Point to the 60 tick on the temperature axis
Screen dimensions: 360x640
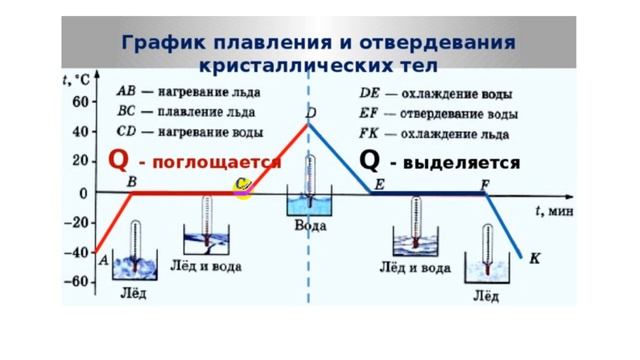(79, 101)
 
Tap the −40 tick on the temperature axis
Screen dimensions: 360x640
(76, 252)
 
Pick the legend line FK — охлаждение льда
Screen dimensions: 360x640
(432, 132)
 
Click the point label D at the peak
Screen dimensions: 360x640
(312, 114)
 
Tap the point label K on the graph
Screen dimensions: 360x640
(534, 258)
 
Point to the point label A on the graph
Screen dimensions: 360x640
(104, 259)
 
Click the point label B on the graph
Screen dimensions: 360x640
(132, 181)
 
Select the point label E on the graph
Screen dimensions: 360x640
(380, 184)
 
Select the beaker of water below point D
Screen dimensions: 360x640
(310, 203)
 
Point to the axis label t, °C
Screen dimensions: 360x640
(78, 80)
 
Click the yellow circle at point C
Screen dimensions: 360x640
(243, 187)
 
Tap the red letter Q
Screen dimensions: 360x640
(118, 160)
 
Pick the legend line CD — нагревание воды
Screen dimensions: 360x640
(190, 132)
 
